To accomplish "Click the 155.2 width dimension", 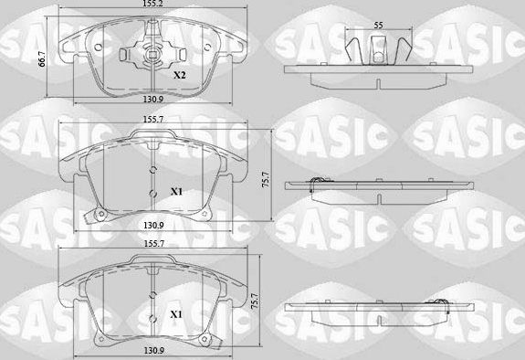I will [152, 5].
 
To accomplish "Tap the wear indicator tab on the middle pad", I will [88, 217].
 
